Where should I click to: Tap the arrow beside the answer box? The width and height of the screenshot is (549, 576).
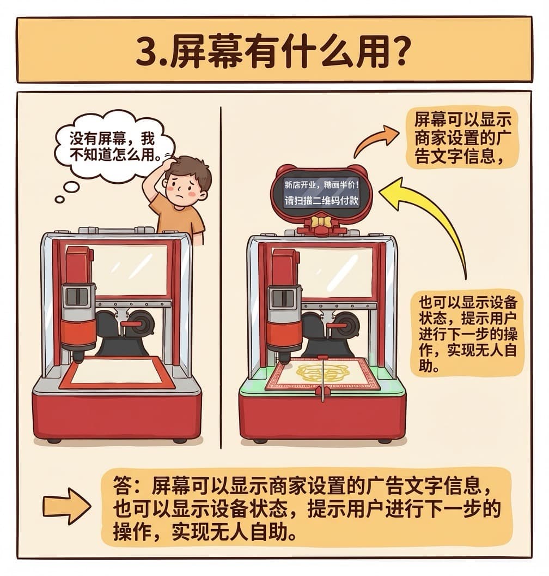tap(67, 506)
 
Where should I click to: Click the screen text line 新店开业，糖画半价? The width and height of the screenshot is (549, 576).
tap(322, 184)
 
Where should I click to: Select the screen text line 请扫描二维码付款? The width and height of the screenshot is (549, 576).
tap(322, 201)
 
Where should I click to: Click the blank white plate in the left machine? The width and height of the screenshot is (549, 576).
tap(117, 371)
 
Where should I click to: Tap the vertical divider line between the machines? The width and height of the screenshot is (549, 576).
tap(221, 277)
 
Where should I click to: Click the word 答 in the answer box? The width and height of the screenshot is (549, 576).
tap(122, 485)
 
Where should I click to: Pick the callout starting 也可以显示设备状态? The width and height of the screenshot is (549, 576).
tap(467, 334)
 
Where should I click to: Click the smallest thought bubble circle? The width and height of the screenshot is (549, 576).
tap(59, 200)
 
